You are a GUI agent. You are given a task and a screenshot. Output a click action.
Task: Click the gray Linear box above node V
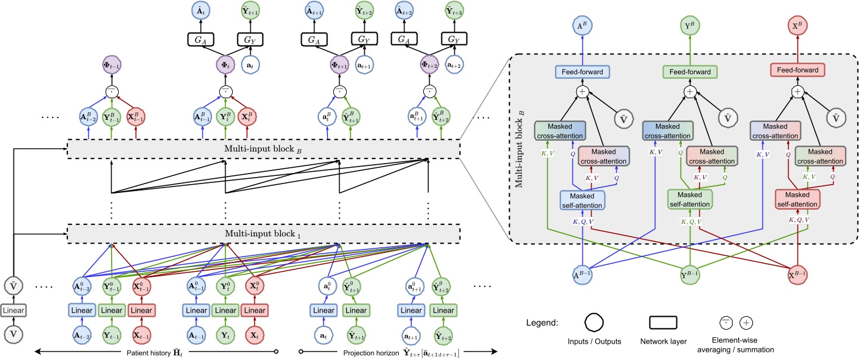click(12, 310)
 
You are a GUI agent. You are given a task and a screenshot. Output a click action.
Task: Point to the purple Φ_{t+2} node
click(428, 64)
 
